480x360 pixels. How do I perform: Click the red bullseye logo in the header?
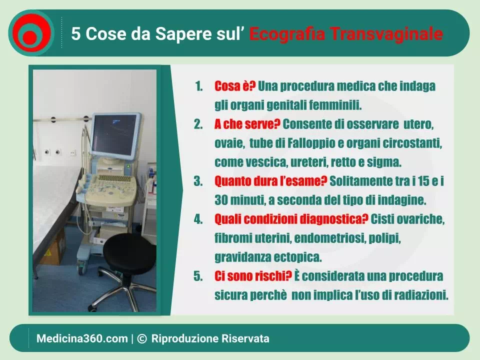click(31, 33)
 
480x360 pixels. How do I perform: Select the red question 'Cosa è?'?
click(235, 86)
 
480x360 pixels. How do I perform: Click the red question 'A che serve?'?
click(247, 124)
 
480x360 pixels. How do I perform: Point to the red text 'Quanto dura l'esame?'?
click(270, 181)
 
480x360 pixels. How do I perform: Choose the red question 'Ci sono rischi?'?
click(253, 276)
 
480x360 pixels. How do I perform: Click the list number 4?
click(198, 219)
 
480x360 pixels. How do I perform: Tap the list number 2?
click(198, 124)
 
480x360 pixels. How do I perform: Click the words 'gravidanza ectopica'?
click(268, 257)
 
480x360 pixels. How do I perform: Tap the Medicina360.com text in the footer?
click(82, 338)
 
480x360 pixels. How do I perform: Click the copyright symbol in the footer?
click(141, 338)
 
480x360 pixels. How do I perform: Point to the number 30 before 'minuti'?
click(221, 200)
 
